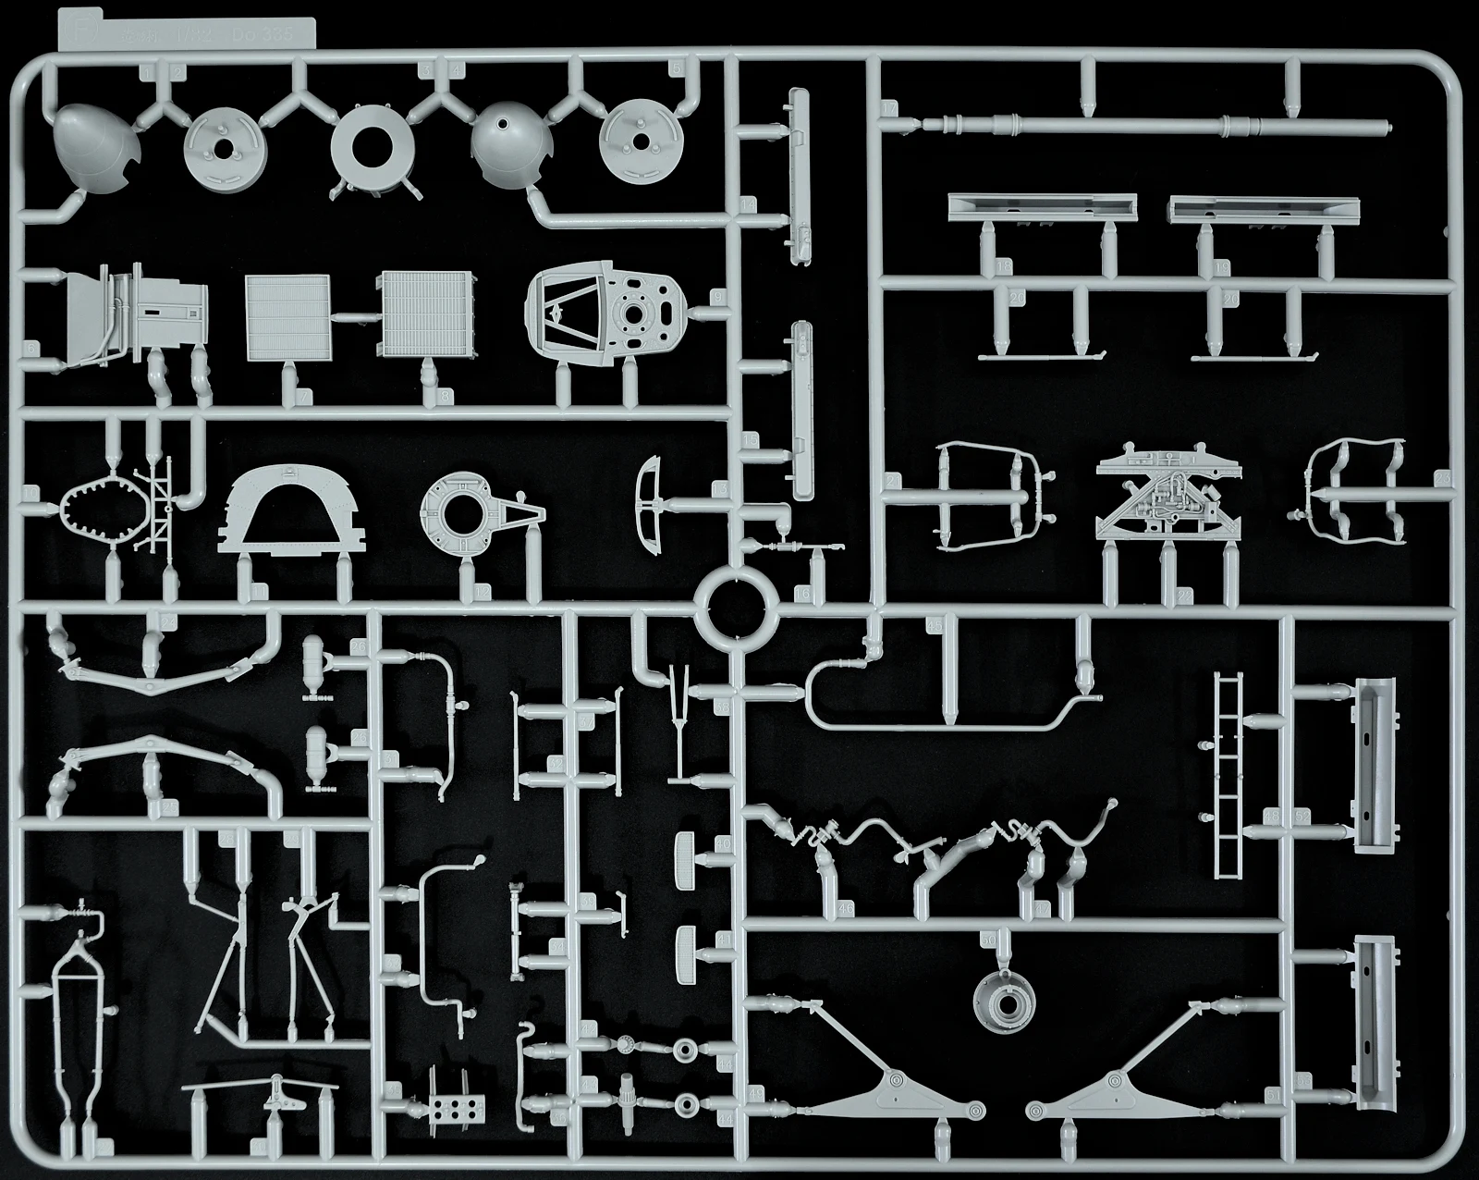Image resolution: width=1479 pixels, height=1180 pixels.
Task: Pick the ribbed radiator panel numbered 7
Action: click(x=287, y=317)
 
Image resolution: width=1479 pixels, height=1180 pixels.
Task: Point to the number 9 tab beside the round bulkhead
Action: click(x=717, y=298)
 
